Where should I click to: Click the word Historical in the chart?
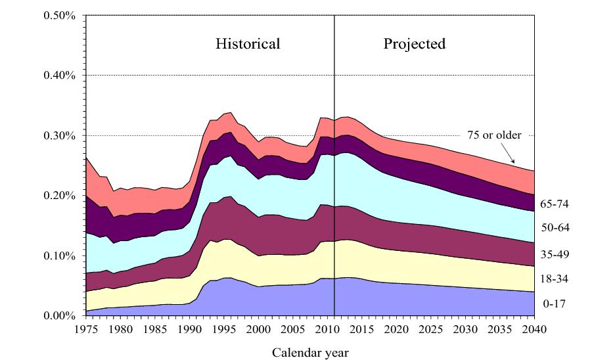tap(248, 45)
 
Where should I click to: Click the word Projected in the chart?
tap(415, 45)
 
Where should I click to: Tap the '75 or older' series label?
tap(494, 135)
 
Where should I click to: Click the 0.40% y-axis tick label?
tap(61, 76)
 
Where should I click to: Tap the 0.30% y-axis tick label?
tap(61, 135)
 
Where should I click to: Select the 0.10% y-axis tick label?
tap(61, 256)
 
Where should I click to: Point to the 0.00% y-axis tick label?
tap(61, 315)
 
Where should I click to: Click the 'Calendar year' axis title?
tap(311, 352)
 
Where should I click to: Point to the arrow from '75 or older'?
tap(504, 154)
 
